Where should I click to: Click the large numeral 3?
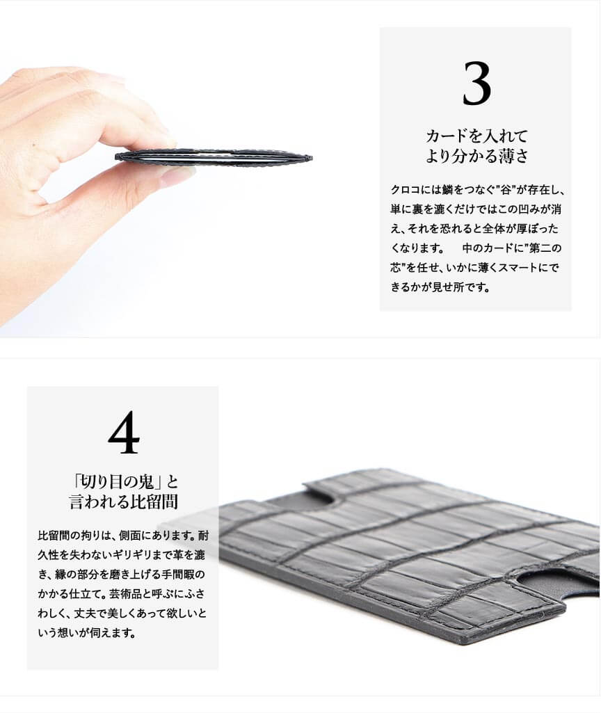477,83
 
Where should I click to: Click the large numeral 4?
124,432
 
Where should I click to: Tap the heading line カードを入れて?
477,136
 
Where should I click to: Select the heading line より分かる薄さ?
477,156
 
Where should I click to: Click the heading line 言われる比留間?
123,502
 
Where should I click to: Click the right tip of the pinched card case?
311,158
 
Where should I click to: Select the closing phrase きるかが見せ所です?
440,287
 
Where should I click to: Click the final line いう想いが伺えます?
86,633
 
